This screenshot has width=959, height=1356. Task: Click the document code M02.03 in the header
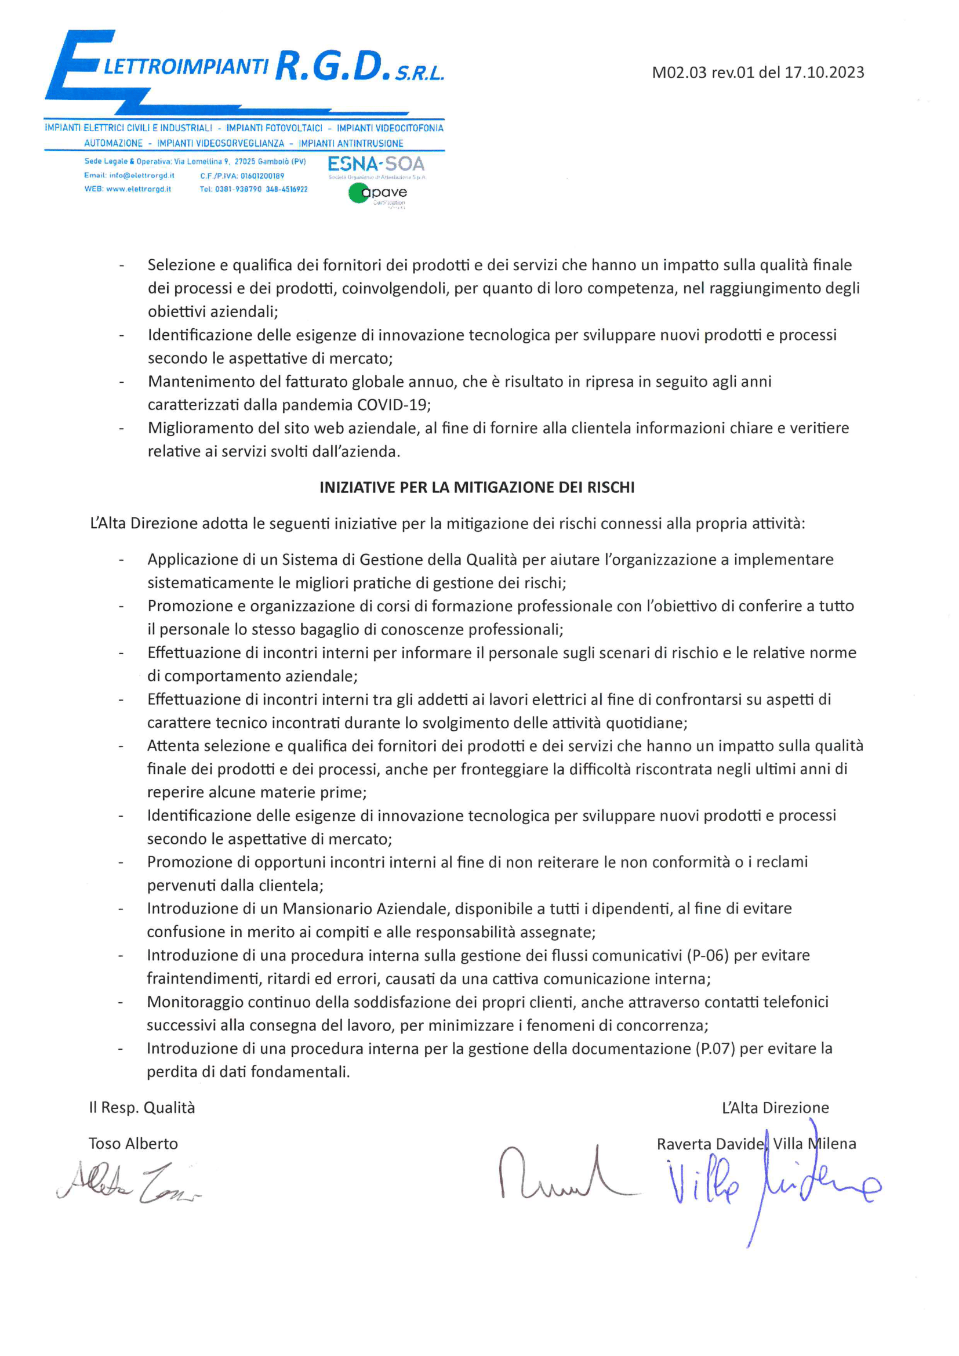[679, 72]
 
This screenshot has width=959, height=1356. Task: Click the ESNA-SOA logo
[376, 164]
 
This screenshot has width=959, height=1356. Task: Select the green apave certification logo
[377, 193]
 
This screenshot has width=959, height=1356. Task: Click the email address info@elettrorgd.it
[141, 175]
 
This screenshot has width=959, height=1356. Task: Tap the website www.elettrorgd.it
[138, 189]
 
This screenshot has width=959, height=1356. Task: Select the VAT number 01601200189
[262, 176]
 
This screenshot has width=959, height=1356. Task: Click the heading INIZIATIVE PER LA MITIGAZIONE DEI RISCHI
[477, 487]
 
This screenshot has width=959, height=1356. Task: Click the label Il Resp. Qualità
[141, 1108]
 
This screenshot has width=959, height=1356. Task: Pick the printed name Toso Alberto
[133, 1144]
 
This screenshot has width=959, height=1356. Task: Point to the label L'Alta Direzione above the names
[775, 1108]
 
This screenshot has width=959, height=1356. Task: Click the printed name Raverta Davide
[710, 1144]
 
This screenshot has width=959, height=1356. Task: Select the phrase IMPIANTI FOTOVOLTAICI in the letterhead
[274, 128]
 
